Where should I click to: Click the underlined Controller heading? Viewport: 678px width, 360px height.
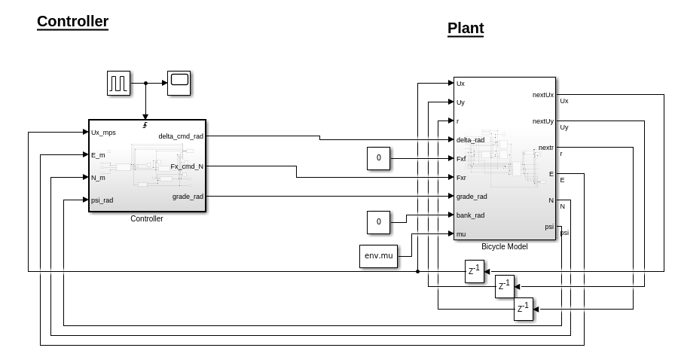click(72, 22)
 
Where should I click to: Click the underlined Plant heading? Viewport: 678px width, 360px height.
click(465, 29)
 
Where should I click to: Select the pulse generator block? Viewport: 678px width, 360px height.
click(118, 83)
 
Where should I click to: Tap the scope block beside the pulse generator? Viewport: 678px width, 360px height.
click(179, 83)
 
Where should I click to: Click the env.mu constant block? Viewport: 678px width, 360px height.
click(378, 256)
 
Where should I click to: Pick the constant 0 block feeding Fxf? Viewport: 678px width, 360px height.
click(378, 158)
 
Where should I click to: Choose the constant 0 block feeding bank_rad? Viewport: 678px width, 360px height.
click(378, 222)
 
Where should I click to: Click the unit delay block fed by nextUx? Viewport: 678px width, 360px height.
click(474, 271)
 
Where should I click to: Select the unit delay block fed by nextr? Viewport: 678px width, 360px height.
click(523, 309)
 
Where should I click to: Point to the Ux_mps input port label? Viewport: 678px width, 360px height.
click(103, 133)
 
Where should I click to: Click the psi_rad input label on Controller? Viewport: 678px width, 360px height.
click(102, 200)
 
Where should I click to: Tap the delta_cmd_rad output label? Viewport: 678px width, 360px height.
click(181, 136)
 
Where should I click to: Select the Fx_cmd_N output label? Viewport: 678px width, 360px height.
click(186, 166)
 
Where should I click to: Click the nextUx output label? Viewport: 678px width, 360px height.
click(542, 95)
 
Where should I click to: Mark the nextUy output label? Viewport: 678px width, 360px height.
click(542, 121)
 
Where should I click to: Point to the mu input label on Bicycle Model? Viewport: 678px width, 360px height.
click(460, 234)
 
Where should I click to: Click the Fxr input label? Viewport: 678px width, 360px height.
click(461, 178)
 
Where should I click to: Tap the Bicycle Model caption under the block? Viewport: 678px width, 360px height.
click(504, 246)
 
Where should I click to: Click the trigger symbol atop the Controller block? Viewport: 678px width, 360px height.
click(145, 125)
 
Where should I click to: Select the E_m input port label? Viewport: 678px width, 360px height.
click(98, 155)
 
